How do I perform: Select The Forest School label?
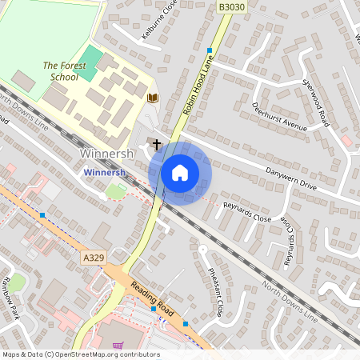point(60,71)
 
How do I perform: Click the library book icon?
point(153,98)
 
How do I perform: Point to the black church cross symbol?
point(156,145)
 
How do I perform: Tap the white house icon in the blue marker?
point(180,172)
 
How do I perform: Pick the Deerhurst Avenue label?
point(279,118)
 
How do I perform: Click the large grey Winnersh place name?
point(106,152)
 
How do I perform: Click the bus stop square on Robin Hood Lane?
point(210,50)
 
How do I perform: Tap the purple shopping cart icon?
point(119,346)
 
